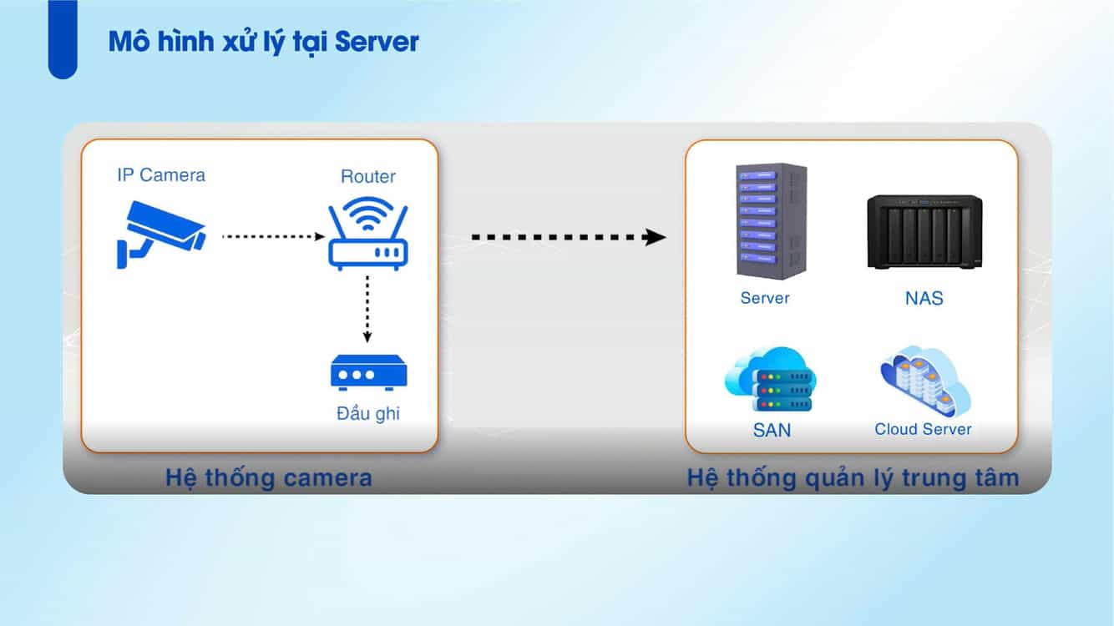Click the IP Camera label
click(160, 174)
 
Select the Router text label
click(367, 176)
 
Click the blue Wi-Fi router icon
click(368, 233)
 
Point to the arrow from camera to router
click(272, 237)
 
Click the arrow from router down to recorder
click(367, 309)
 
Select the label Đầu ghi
click(367, 412)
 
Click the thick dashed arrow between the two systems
click(568, 238)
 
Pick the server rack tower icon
click(771, 220)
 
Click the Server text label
click(764, 298)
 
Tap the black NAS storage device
click(924, 232)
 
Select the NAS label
click(924, 298)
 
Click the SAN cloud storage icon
click(770, 381)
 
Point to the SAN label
click(771, 431)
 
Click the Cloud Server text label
click(923, 429)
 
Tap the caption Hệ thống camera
click(268, 477)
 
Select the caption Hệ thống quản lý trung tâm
click(853, 477)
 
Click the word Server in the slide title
click(377, 42)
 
